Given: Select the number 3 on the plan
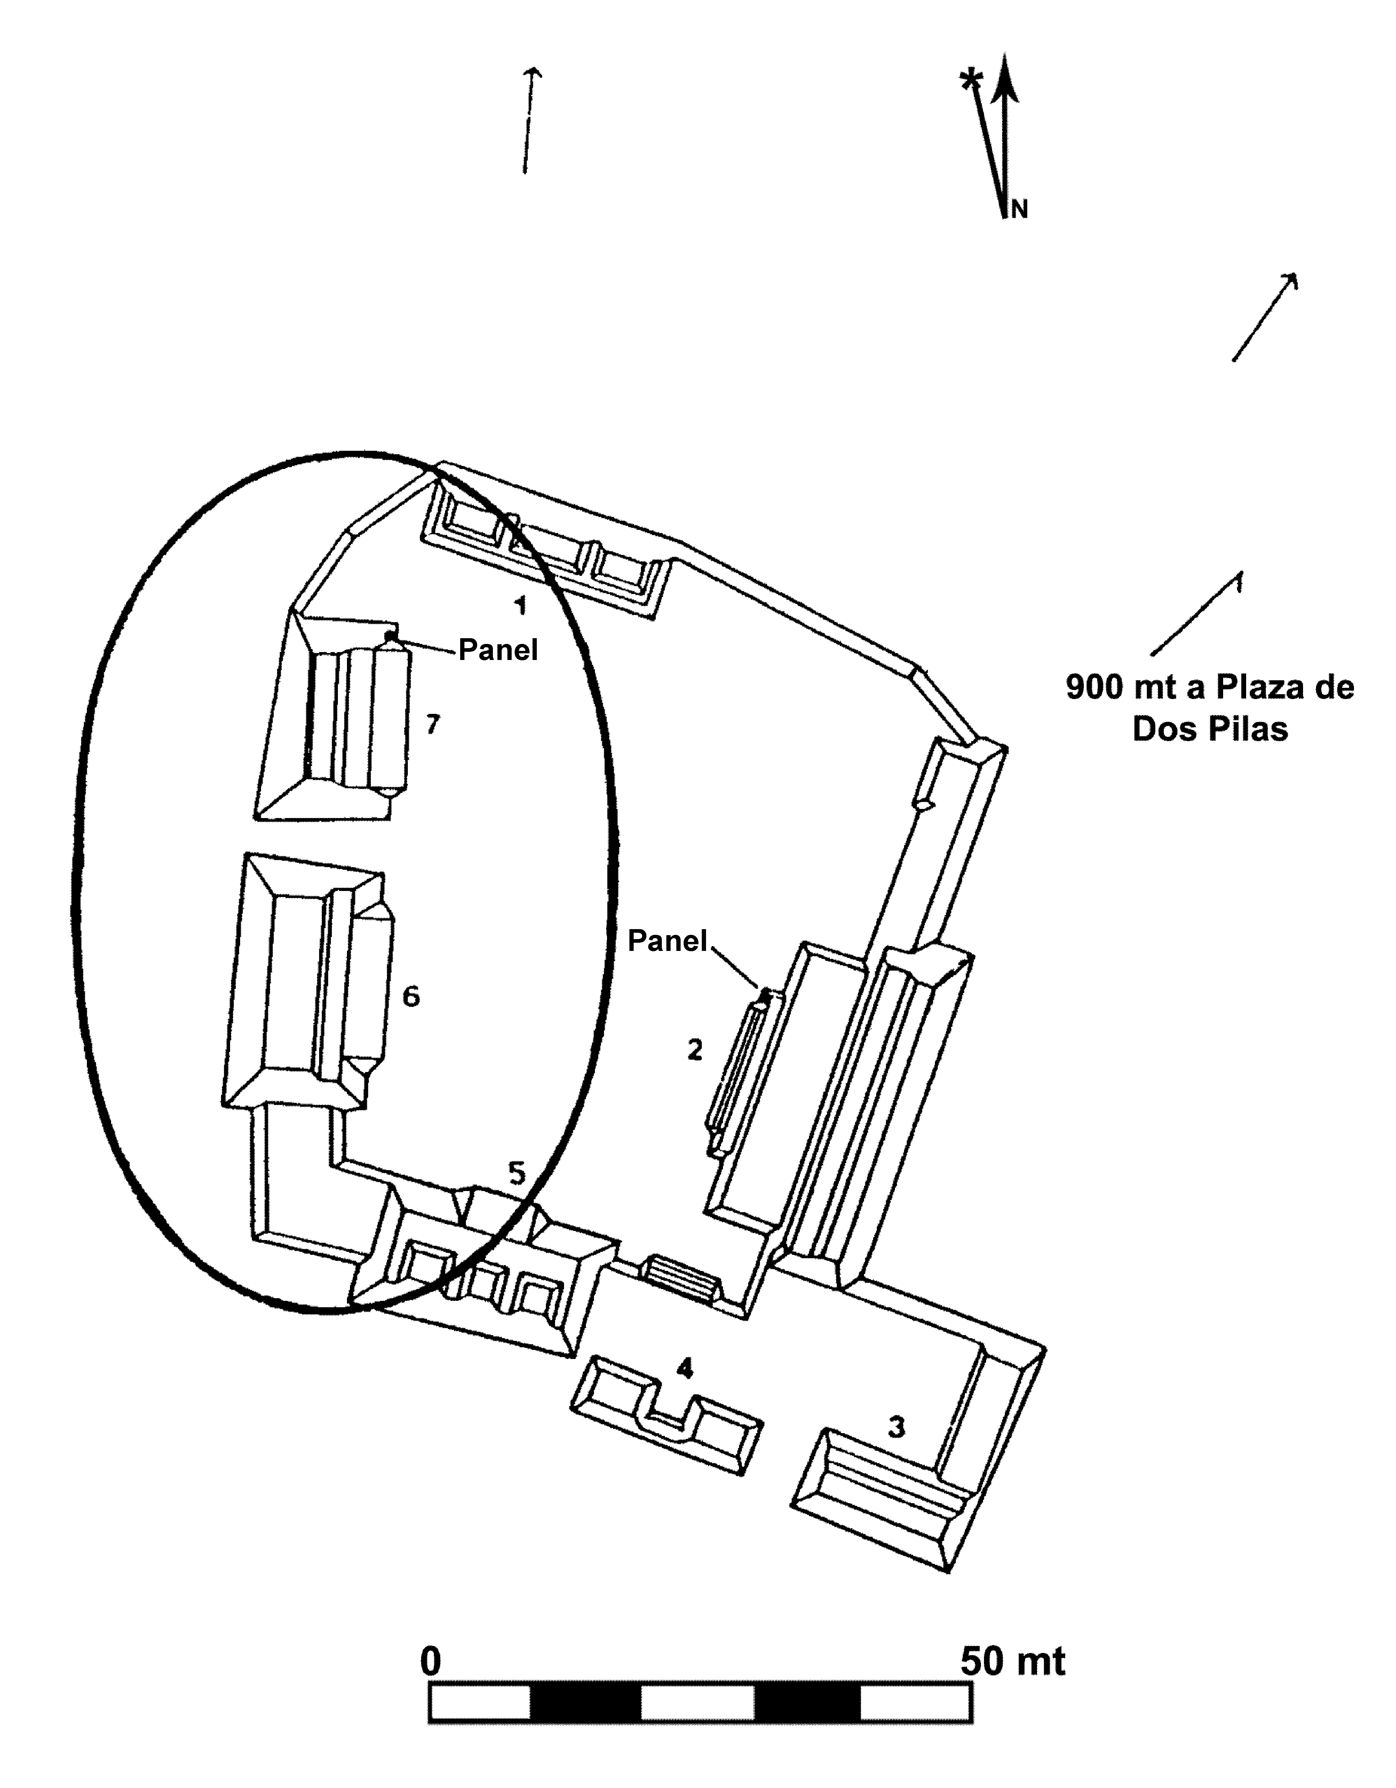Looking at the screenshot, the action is coord(896,1427).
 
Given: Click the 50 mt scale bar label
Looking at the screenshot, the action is coord(1013,1661).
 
